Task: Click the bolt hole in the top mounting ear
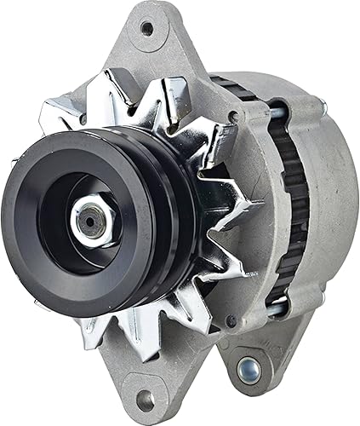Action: pyautogui.click(x=147, y=27)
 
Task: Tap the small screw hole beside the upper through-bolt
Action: pyautogui.click(x=231, y=116)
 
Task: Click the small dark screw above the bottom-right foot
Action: pyautogui.click(x=230, y=321)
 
